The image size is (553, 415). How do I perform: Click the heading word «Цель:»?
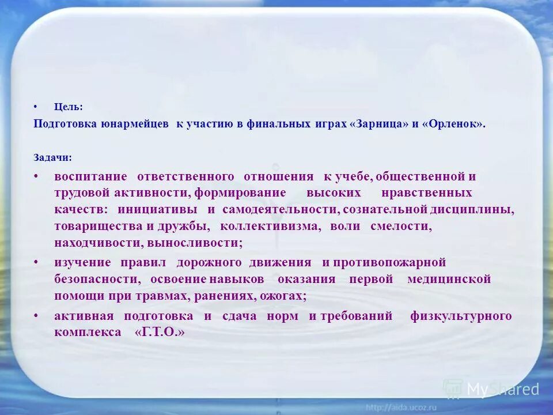point(69,107)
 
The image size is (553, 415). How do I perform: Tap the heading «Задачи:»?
point(53,157)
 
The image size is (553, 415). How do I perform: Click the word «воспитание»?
point(90,176)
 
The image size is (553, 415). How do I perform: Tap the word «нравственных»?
point(427,193)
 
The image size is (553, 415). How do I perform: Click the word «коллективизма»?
point(270,227)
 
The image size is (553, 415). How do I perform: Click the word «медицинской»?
point(449,280)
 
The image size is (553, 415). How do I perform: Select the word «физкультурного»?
point(461,316)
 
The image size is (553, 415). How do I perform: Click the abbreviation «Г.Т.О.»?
point(160,333)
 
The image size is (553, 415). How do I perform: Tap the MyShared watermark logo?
point(491,390)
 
